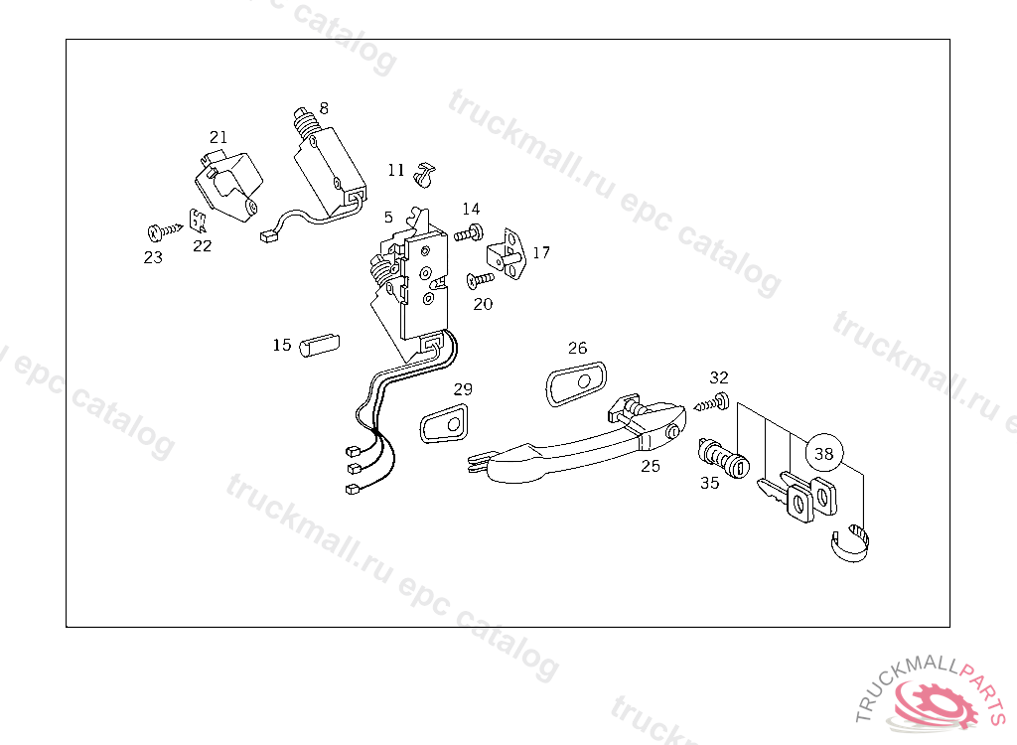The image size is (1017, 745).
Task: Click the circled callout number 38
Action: (824, 454)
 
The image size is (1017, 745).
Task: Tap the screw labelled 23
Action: (160, 232)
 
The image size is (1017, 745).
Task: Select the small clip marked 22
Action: (199, 221)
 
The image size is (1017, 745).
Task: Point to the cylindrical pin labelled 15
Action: (320, 345)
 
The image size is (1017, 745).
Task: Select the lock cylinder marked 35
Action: (723, 459)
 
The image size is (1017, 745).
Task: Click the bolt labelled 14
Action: (469, 233)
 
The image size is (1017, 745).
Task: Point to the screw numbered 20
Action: (481, 280)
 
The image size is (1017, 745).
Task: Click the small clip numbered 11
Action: (427, 173)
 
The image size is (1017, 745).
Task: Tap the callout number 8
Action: (324, 107)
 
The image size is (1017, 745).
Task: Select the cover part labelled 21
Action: (228, 183)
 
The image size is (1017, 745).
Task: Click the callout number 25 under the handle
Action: (651, 466)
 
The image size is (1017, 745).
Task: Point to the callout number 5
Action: (388, 216)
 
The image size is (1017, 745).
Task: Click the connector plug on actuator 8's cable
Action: (267, 236)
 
